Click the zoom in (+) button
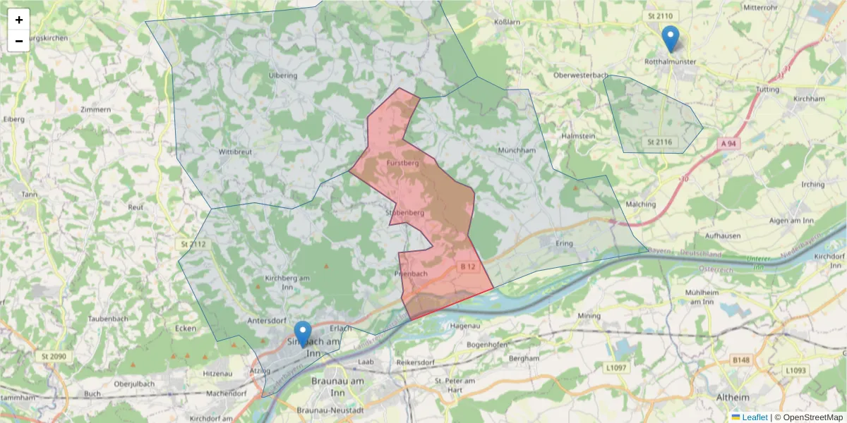[19, 20]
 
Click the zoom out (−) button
[19, 41]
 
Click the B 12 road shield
[467, 266]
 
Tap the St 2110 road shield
[659, 16]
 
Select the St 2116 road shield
[659, 142]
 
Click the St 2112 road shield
[193, 245]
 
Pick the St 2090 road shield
[54, 357]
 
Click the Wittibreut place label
[235, 152]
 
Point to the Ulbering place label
[283, 75]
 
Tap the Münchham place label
[516, 150]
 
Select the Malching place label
[641, 204]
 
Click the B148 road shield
[740, 360]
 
